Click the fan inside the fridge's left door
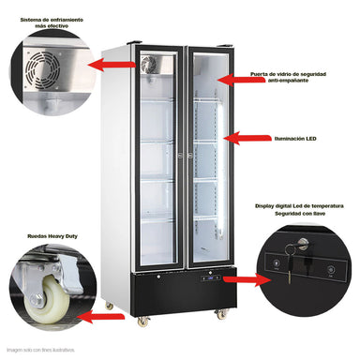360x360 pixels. coord(150,64)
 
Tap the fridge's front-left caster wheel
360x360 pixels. coord(142,321)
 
